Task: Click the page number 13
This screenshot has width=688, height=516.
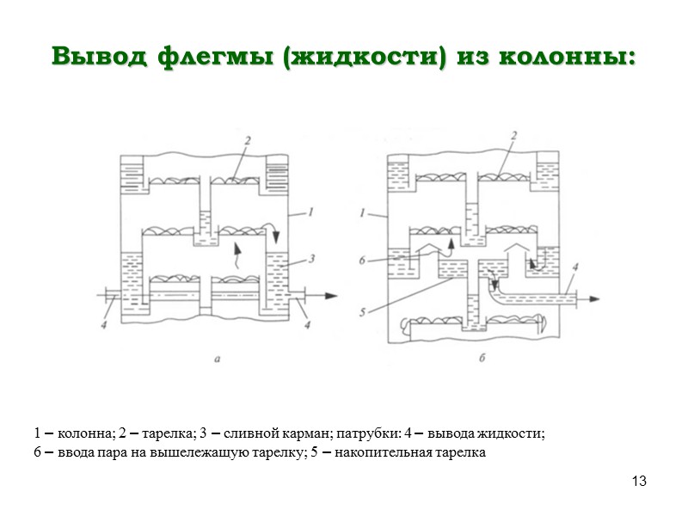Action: tap(638, 480)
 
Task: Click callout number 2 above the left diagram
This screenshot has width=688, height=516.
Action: tap(247, 138)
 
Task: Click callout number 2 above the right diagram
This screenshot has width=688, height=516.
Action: tap(513, 136)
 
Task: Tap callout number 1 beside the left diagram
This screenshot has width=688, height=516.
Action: tap(317, 210)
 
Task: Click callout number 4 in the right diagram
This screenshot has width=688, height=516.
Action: tap(574, 267)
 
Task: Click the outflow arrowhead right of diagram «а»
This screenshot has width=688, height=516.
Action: tap(330, 295)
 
